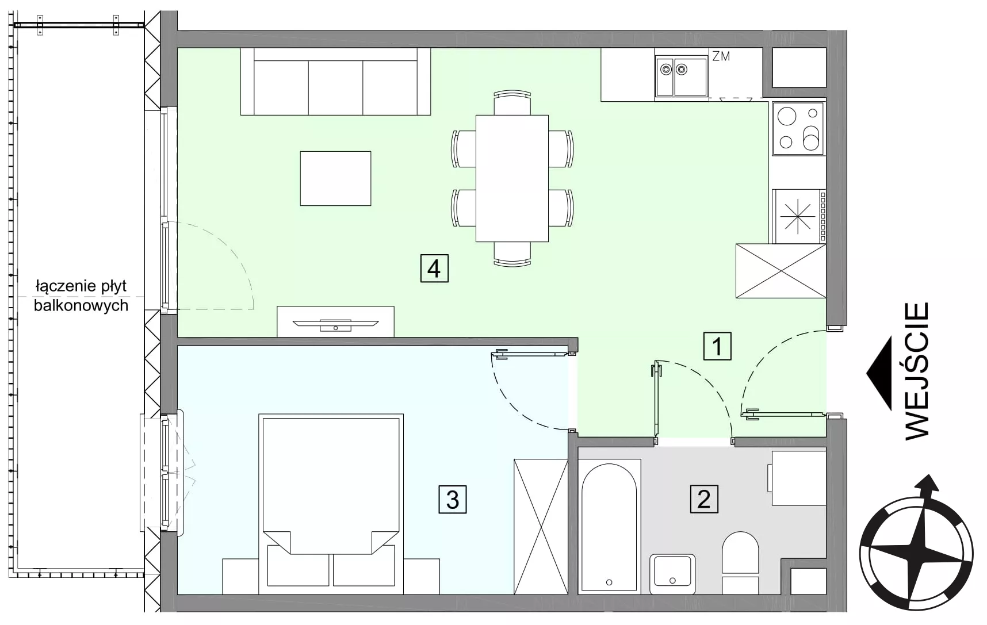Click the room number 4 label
(434, 269)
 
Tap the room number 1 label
(717, 347)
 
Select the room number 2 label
(704, 499)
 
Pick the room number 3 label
(453, 499)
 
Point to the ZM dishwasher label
(721, 56)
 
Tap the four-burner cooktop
(798, 128)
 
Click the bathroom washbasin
(672, 574)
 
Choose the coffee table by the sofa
(335, 178)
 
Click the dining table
(512, 178)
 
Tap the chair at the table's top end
(512, 102)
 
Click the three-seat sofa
(335, 82)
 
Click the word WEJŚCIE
(917, 371)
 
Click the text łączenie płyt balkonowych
(81, 296)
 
